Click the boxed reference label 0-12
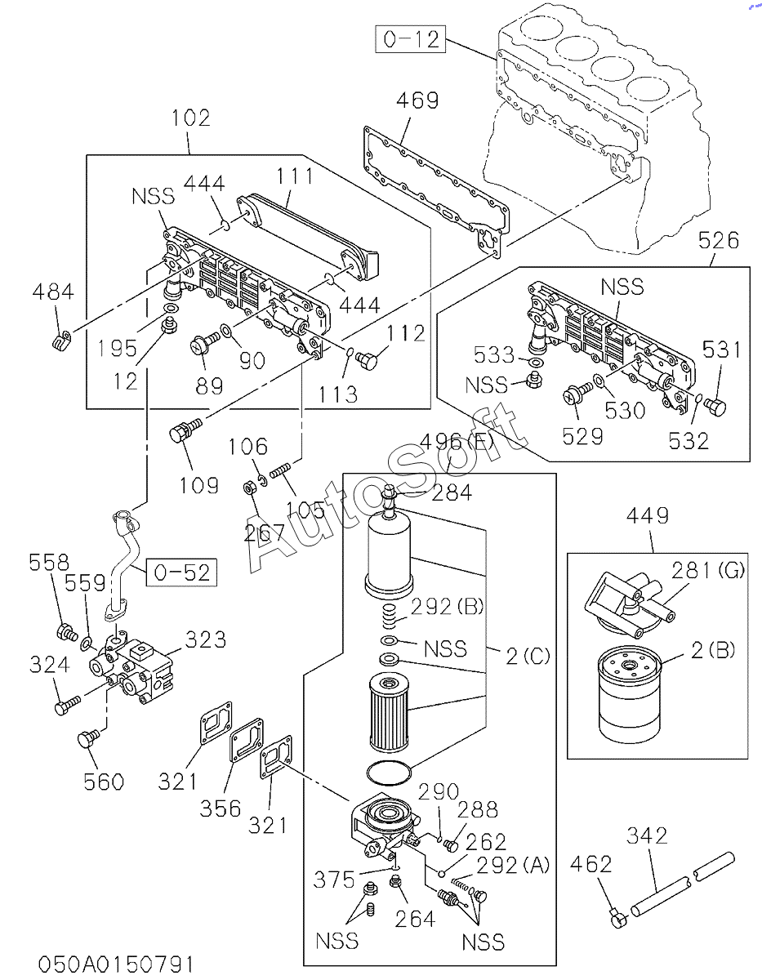click(x=411, y=38)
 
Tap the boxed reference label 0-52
click(x=182, y=572)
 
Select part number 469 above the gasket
click(x=417, y=100)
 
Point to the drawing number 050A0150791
click(x=116, y=964)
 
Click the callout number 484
click(x=54, y=292)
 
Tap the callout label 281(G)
click(x=708, y=570)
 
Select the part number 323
click(x=205, y=639)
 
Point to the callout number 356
click(x=221, y=808)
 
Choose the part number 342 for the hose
click(x=647, y=835)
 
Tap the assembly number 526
click(x=720, y=241)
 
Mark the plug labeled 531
click(x=715, y=406)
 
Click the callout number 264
click(x=415, y=919)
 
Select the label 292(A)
click(x=514, y=864)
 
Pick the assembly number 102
click(x=189, y=118)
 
